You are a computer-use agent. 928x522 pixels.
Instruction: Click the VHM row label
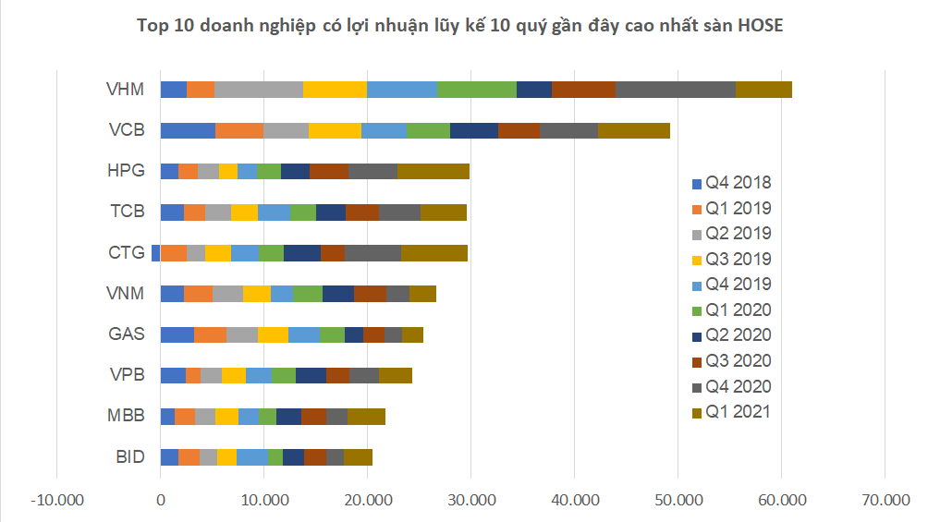pos(125,90)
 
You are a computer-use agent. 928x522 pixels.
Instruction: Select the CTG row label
pos(126,252)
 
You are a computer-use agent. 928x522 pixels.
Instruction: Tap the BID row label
pos(129,456)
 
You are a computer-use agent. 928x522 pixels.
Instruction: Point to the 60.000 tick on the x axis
pos(781,499)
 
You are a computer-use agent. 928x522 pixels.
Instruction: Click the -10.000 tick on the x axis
pos(57,499)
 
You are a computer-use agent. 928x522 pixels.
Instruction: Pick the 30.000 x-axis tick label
pos(470,499)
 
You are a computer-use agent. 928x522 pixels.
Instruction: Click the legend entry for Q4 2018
pos(737,183)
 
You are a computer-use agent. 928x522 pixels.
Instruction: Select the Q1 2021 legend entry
pos(737,412)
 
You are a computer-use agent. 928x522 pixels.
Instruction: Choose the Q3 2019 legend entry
pos(737,260)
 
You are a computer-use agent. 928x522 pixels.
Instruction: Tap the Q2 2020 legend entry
pos(737,335)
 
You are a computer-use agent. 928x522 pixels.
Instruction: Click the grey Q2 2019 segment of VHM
pos(258,90)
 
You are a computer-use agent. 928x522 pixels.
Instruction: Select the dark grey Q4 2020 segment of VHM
pos(675,90)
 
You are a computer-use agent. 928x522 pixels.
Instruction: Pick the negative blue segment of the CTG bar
pos(156,252)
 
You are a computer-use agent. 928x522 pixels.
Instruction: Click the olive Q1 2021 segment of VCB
pos(634,130)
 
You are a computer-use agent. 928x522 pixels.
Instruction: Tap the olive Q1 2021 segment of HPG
pos(433,171)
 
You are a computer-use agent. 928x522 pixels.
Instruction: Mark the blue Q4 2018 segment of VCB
pos(188,130)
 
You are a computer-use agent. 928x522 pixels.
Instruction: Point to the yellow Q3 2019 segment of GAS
pos(273,334)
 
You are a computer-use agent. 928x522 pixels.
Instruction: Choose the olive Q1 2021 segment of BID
pos(358,456)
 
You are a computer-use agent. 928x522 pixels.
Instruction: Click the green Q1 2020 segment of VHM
pos(477,90)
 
